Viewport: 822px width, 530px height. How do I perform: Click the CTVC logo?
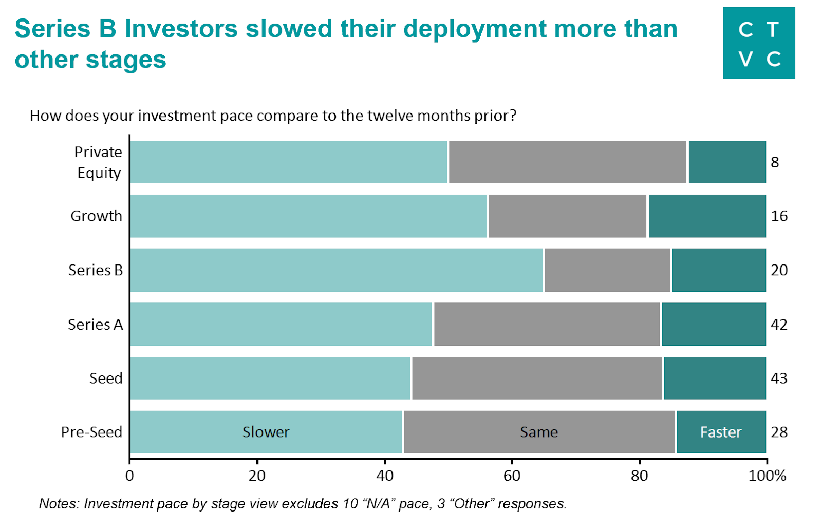click(759, 43)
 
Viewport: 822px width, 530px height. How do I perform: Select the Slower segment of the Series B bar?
click(337, 270)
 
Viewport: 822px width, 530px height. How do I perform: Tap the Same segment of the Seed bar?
click(537, 378)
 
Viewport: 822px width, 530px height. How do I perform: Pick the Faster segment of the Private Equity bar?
click(727, 162)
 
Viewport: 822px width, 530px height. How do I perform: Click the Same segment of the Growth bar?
click(567, 216)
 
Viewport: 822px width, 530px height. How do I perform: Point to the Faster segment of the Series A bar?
click(714, 324)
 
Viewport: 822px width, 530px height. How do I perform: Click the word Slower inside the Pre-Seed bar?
click(266, 432)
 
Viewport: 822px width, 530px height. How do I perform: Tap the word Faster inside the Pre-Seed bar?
click(721, 432)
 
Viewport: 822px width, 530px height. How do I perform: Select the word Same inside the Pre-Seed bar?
click(538, 432)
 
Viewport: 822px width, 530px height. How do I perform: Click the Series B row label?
click(96, 270)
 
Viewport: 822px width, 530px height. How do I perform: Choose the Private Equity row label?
click(98, 162)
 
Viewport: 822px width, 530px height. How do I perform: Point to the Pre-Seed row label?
click(91, 432)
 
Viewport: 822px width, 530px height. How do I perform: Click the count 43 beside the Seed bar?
click(779, 378)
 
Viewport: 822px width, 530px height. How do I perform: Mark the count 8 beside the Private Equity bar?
click(775, 162)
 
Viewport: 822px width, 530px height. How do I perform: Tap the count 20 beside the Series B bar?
click(779, 270)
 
